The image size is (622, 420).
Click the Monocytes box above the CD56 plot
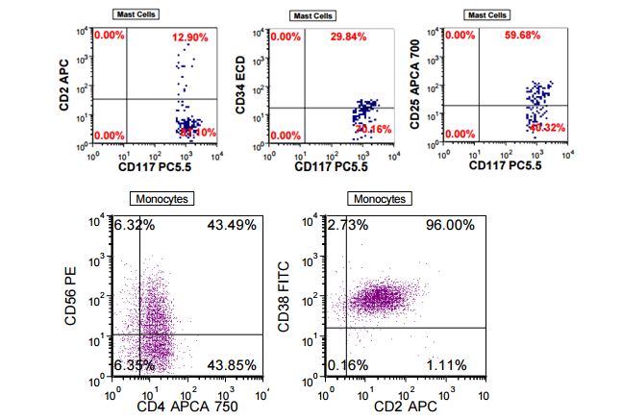click(x=162, y=199)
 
